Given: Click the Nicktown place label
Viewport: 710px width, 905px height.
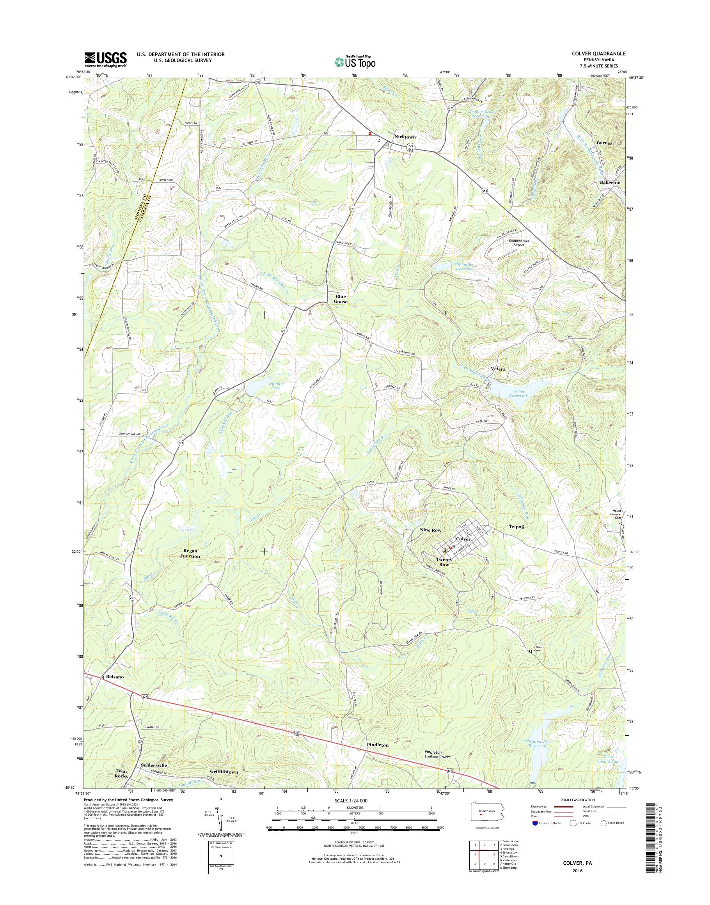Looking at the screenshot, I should click(405, 137).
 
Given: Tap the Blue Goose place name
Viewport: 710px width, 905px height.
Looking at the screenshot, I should click(341, 299).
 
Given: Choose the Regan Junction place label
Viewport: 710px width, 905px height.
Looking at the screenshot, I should click(190, 553).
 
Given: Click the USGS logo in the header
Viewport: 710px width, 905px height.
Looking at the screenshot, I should click(106, 59).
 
